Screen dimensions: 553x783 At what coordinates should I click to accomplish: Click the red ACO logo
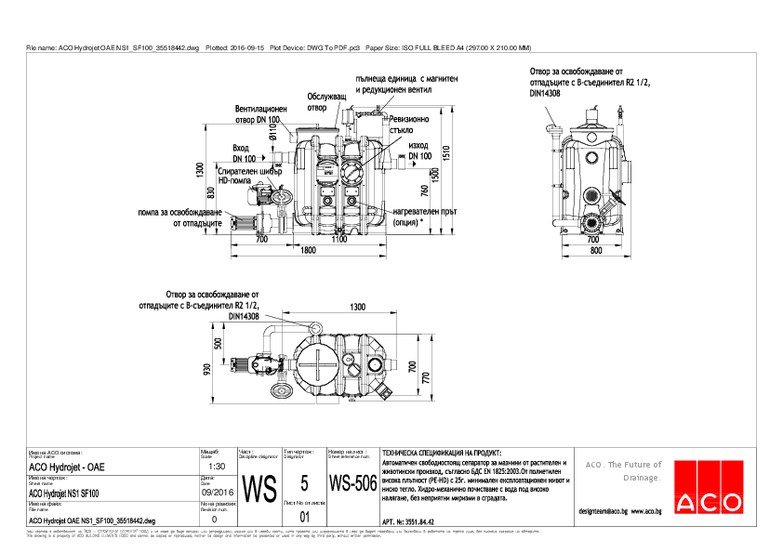pyautogui.click(x=710, y=485)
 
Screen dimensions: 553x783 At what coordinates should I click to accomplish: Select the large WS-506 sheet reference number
pyautogui.click(x=352, y=484)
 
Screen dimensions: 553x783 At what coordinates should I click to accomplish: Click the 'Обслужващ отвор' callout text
pyautogui.click(x=326, y=101)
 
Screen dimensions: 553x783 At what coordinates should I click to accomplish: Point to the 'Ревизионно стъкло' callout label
pyautogui.click(x=409, y=125)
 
